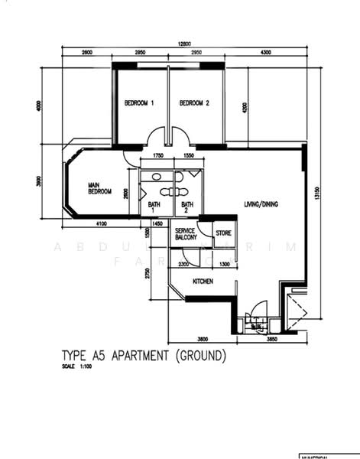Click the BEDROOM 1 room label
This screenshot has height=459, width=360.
click(140, 103)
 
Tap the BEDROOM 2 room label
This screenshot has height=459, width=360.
click(194, 103)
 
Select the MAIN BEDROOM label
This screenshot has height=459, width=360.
click(100, 188)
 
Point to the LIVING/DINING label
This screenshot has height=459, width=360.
click(262, 204)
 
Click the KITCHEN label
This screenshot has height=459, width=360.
click(202, 282)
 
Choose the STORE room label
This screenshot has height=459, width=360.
click(223, 233)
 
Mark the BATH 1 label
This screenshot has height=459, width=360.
click(153, 207)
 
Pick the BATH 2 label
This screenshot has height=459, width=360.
click(186, 207)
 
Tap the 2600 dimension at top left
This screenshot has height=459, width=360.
click(86, 53)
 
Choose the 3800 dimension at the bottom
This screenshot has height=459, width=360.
click(203, 338)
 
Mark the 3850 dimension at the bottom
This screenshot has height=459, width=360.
click(271, 338)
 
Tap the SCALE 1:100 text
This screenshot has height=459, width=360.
click(78, 367)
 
